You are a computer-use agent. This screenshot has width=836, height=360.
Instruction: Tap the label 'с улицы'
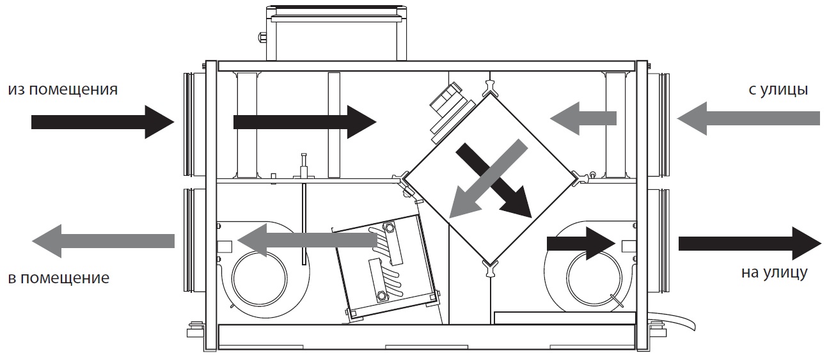click(778, 90)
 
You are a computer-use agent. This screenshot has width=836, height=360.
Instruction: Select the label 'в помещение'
click(59, 278)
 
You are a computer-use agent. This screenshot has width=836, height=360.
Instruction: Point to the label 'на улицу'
click(774, 272)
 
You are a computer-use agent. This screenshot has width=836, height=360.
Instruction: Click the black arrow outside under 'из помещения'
click(102, 122)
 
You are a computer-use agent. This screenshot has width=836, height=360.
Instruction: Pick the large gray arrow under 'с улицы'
click(748, 118)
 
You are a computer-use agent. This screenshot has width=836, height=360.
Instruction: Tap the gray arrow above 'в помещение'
click(103, 241)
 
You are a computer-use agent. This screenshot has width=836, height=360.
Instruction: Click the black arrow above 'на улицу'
click(750, 243)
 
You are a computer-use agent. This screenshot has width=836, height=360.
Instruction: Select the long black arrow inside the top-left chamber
click(305, 122)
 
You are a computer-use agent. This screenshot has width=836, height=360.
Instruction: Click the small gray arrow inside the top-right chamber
click(583, 118)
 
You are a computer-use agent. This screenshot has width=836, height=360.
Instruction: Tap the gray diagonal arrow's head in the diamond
click(464, 203)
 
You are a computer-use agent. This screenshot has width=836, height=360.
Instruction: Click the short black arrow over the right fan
click(581, 244)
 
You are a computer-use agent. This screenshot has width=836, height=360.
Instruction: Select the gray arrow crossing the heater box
click(308, 240)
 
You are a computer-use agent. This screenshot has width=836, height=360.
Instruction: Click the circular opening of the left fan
click(260, 279)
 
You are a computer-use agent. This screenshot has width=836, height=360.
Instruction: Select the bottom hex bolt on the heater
click(382, 296)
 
